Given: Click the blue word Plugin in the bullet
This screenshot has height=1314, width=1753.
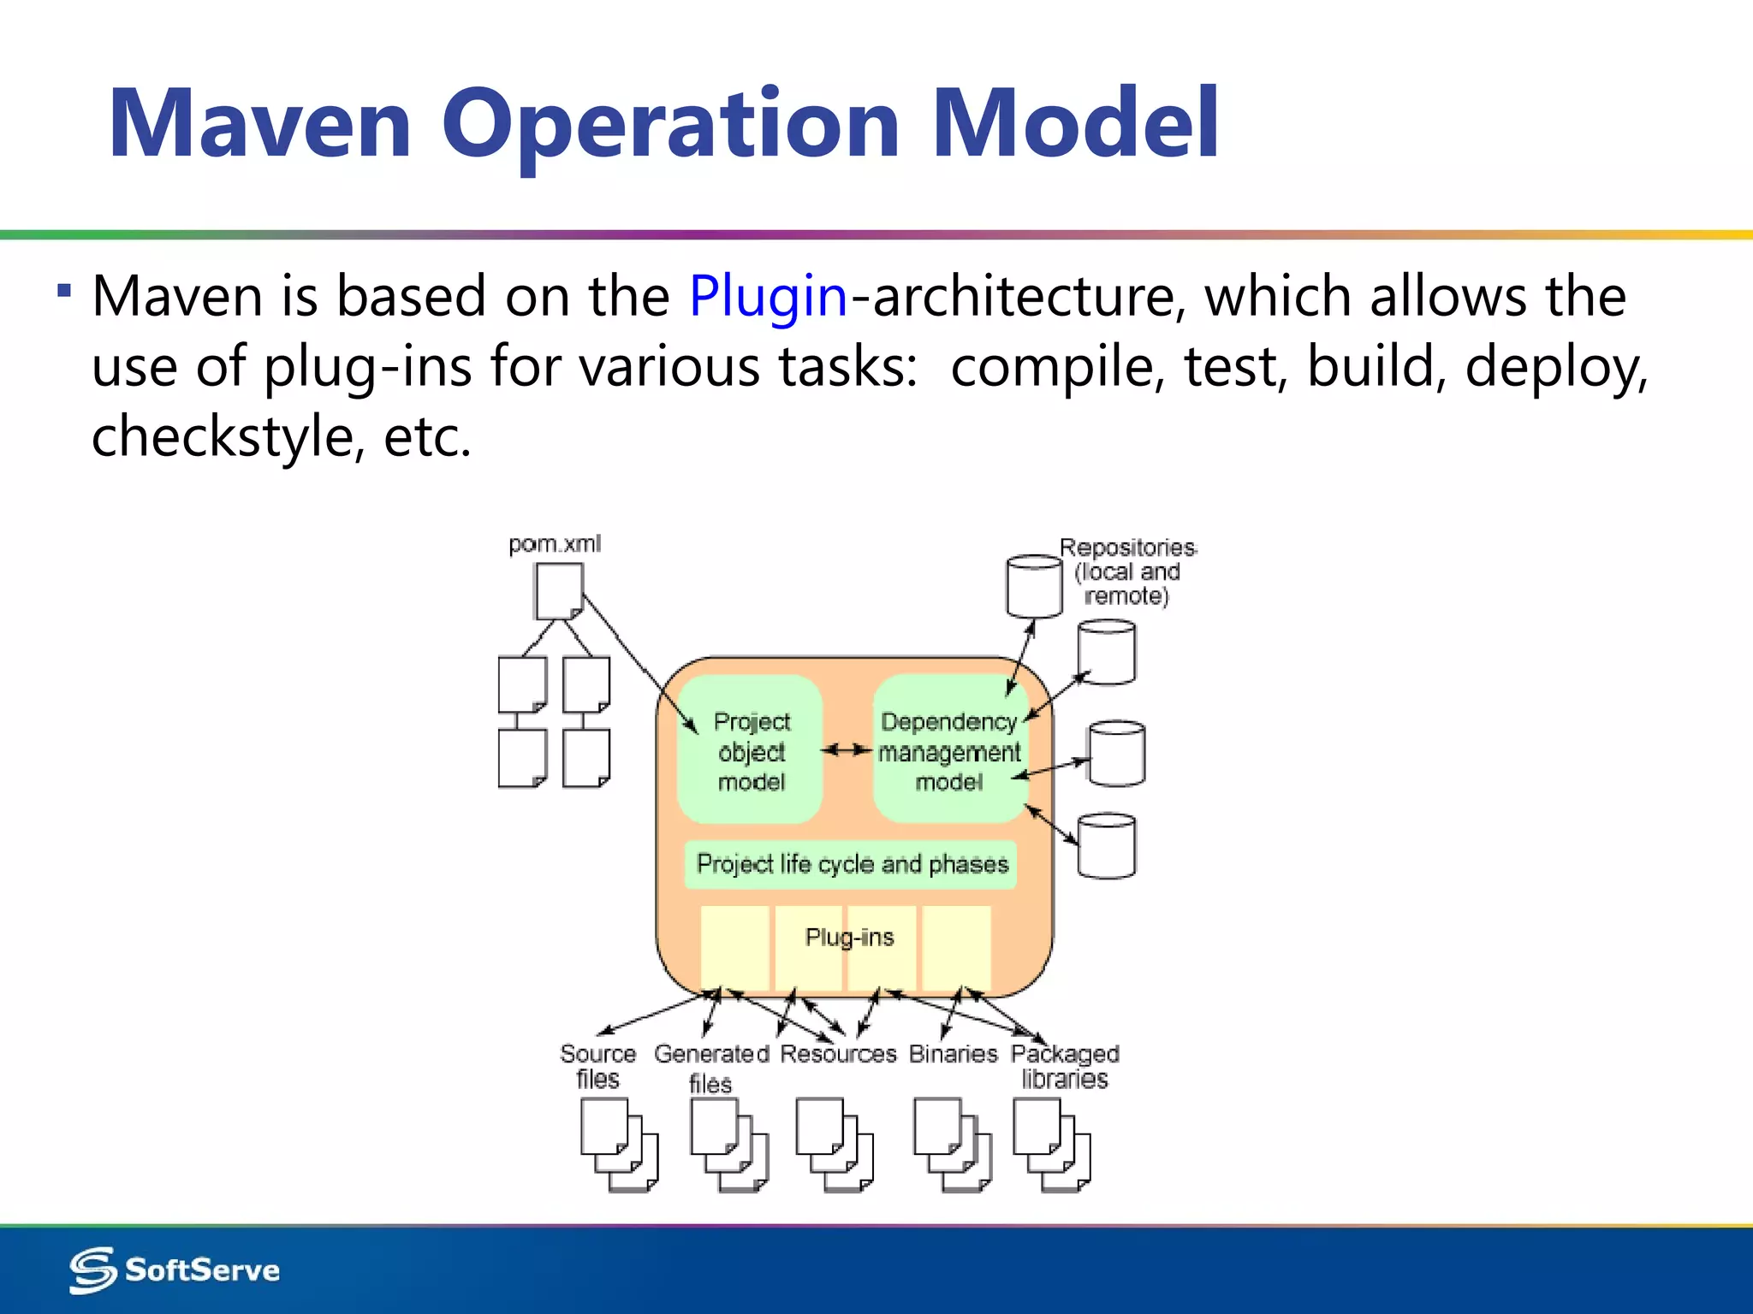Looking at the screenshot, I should click(768, 297).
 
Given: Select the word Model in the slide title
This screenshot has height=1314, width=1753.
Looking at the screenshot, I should click(1075, 124).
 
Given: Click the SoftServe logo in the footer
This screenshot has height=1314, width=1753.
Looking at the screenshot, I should click(175, 1270).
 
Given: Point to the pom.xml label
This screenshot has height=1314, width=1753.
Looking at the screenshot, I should click(555, 544).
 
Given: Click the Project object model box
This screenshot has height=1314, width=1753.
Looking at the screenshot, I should click(751, 751).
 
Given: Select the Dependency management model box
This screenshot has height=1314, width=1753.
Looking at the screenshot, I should click(949, 751).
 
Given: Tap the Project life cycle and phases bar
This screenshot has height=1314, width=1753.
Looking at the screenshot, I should click(852, 864).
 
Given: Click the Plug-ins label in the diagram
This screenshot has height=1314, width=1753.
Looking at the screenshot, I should click(849, 938).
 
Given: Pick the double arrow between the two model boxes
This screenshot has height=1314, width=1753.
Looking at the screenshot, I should click(847, 750).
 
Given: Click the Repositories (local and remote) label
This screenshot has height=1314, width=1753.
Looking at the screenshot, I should click(1127, 571).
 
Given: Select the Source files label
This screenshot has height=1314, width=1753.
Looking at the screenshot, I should click(597, 1066).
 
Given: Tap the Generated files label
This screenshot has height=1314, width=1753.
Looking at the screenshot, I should click(711, 1068).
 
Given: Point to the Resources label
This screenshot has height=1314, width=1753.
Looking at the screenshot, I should click(838, 1054).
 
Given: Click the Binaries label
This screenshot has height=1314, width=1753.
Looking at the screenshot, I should click(953, 1054).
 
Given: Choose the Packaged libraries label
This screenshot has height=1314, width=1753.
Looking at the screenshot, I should click(1065, 1066).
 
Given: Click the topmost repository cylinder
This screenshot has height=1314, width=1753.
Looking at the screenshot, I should click(1034, 586).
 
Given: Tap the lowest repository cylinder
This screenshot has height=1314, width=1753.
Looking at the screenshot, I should click(1107, 845).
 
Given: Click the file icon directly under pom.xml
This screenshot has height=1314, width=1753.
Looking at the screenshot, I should click(559, 591).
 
